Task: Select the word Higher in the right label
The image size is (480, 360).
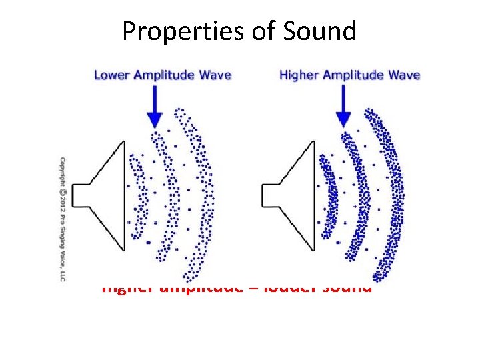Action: pyautogui.click(x=298, y=74)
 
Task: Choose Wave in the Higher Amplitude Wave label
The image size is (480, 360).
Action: pyautogui.click(x=405, y=74)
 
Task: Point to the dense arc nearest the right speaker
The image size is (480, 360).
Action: pyautogui.click(x=327, y=195)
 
